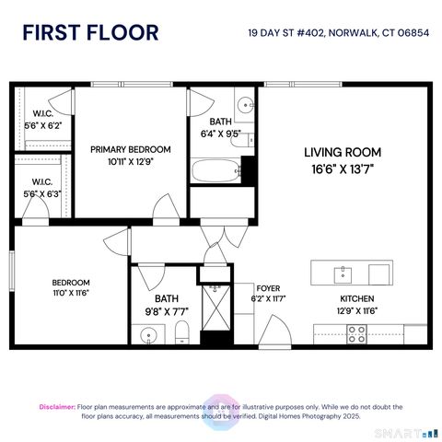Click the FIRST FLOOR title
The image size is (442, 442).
[90, 33]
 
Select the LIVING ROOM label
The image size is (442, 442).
[343, 152]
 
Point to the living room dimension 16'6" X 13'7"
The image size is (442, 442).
[343, 169]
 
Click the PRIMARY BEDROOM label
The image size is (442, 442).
[130, 149]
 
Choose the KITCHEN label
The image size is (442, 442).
[358, 298]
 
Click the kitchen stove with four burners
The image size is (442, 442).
[357, 335]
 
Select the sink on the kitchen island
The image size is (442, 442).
[343, 273]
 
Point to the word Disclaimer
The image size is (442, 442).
[56, 406]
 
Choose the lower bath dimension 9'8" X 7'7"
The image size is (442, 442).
[167, 311]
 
